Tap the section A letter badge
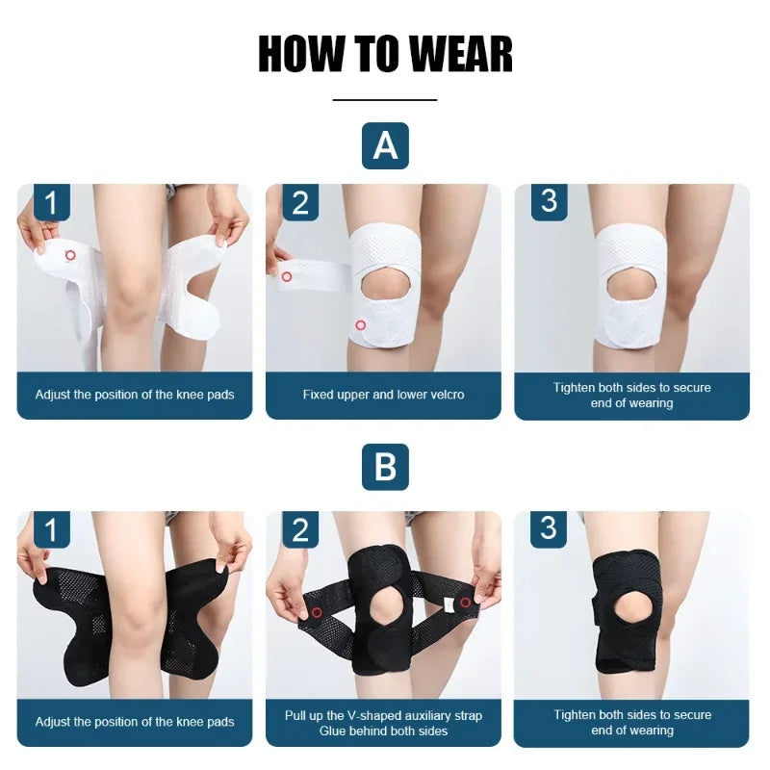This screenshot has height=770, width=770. click(x=385, y=146)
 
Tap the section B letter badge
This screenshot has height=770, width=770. click(x=385, y=468)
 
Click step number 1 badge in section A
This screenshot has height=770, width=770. click(x=52, y=202)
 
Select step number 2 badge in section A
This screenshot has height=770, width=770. click(x=300, y=202)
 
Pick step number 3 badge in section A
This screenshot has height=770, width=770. click(x=549, y=200)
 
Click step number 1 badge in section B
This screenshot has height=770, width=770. click(x=52, y=529)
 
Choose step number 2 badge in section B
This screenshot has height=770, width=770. click(x=300, y=529)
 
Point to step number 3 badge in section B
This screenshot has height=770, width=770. click(x=549, y=527)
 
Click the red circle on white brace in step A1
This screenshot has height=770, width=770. click(x=69, y=255)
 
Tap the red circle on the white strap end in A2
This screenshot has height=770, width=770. click(x=286, y=276)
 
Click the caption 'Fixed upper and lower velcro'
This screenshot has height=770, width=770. click(x=383, y=395)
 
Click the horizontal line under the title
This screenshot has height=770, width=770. click(x=385, y=99)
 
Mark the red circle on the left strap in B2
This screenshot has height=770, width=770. click(x=316, y=612)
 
